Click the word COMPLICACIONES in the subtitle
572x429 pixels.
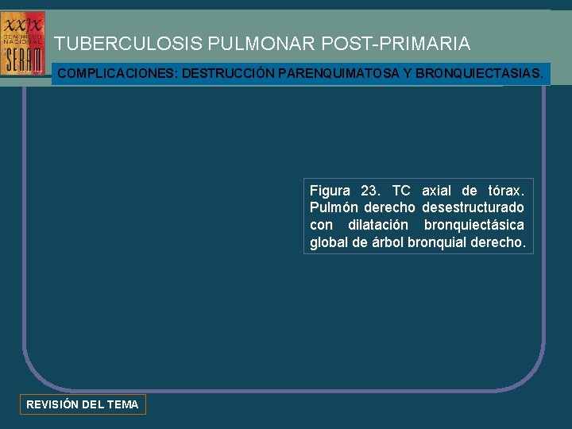(x=117, y=74)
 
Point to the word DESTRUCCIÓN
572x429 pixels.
(x=226, y=74)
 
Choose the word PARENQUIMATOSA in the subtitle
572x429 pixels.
(x=336, y=74)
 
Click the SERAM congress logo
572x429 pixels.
(x=22, y=43)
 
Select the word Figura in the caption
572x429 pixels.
(x=330, y=191)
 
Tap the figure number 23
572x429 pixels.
(x=370, y=191)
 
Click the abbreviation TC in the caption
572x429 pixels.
(x=401, y=191)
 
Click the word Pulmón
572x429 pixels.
(x=333, y=208)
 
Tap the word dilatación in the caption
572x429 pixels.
(x=377, y=226)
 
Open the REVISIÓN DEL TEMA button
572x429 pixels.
(x=83, y=404)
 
